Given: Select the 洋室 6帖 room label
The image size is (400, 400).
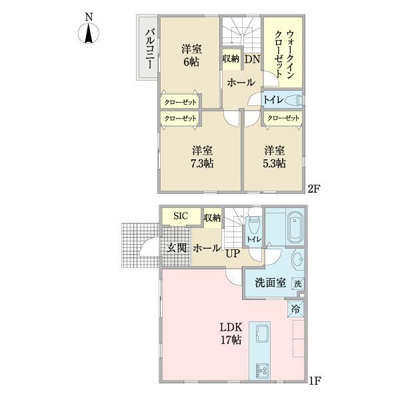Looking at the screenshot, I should click(x=193, y=55).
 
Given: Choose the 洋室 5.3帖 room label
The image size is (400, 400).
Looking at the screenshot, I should click(x=274, y=157).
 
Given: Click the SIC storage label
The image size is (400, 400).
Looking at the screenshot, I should click(x=181, y=216).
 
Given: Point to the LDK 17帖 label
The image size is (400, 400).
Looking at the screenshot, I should click(x=231, y=334).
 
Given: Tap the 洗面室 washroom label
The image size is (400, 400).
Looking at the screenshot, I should click(x=271, y=282).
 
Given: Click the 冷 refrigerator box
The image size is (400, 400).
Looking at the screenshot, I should click(x=297, y=309).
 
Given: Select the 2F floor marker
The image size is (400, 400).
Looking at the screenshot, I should click(x=314, y=189).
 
